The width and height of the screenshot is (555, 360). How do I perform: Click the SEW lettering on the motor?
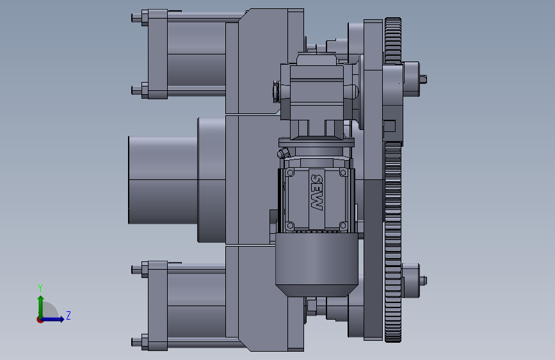pyautogui.click(x=316, y=192)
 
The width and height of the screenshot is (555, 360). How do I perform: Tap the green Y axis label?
pyautogui.click(x=40, y=288)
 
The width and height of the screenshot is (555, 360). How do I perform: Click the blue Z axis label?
pyautogui.click(x=68, y=315)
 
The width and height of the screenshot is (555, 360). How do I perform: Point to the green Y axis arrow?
pyautogui.click(x=41, y=307)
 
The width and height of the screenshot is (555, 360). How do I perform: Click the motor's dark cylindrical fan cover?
pyautogui.click(x=316, y=265)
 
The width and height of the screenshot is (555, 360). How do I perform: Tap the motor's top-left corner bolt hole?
pyautogui.click(x=290, y=173)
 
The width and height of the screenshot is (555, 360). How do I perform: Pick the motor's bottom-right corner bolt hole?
pyautogui.click(x=343, y=225)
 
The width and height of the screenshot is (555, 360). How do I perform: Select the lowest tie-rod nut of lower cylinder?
pyautogui.click(x=145, y=342)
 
